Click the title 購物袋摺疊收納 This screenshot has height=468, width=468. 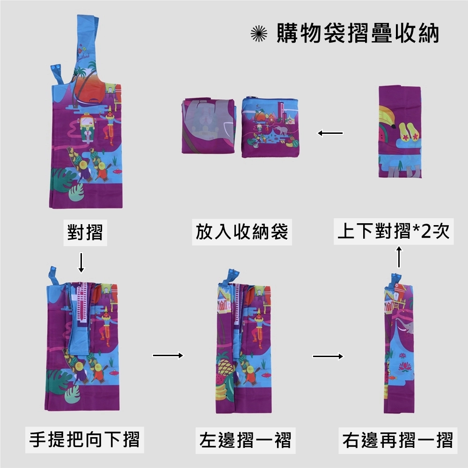pos(358,34)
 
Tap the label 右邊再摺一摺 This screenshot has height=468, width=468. pos(397,440)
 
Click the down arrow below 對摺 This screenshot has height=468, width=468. pos(81,263)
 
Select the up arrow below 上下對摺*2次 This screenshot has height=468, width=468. pos(399,257)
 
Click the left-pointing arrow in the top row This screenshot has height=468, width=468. pos(330,133)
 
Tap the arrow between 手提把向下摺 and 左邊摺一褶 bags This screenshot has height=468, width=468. pos(168,356)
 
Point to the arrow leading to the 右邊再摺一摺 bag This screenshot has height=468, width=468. pos(328,357)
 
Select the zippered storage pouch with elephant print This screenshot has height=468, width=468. pos(271,127)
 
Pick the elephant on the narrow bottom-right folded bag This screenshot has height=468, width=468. pos(405,325)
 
